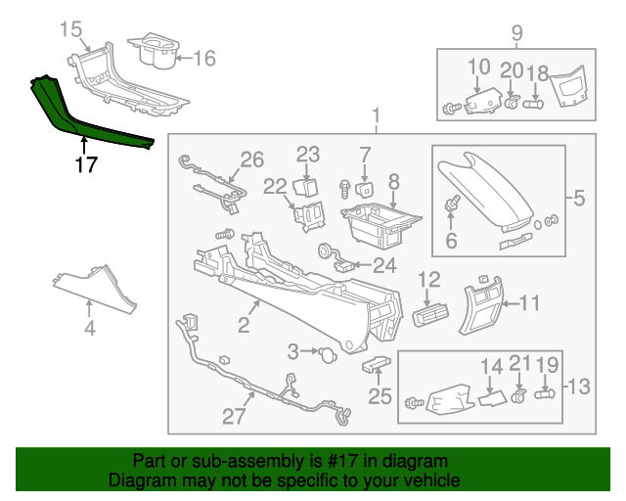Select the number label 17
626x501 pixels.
86,165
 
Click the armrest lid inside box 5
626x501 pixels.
484,186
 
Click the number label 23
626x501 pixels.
308,154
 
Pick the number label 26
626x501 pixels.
252,159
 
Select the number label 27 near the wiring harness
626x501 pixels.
234,416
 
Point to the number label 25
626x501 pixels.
380,396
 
